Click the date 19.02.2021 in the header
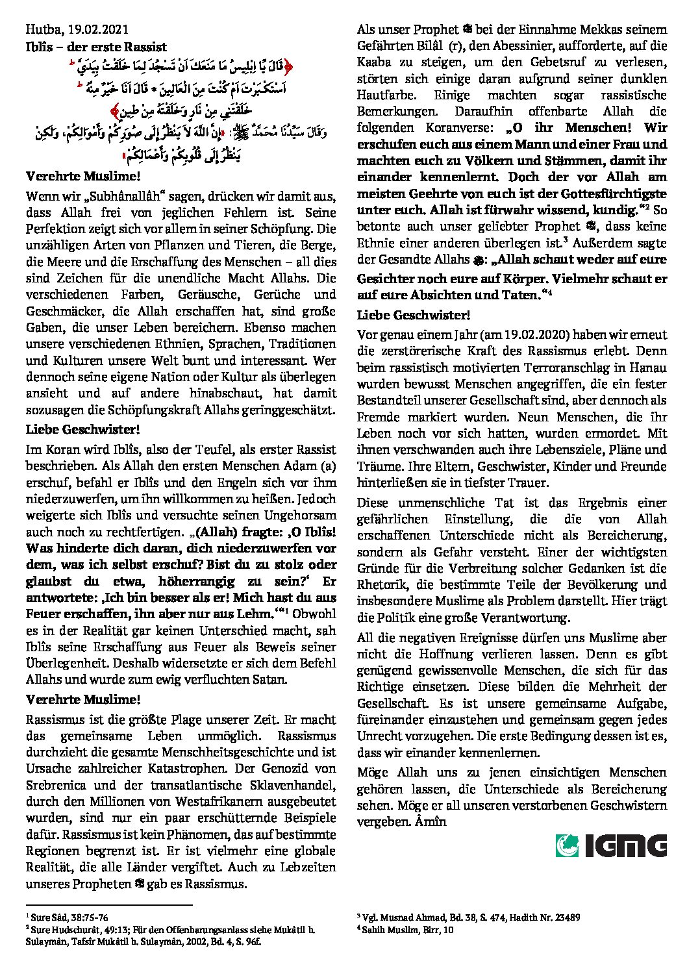(97, 29)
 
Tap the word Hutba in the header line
(41, 29)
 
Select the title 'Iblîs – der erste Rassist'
(96, 47)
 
